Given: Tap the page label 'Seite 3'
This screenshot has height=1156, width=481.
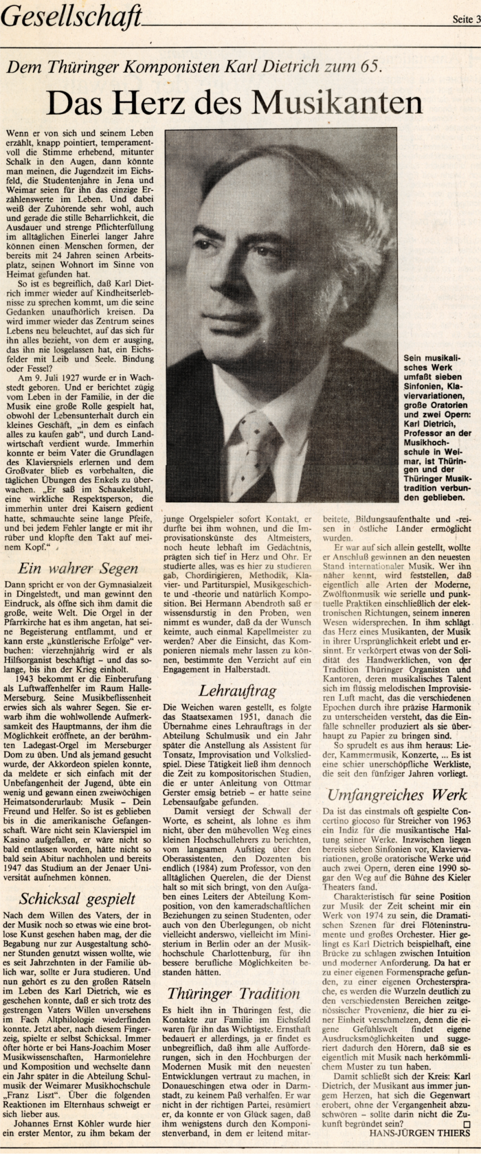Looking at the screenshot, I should (x=465, y=20).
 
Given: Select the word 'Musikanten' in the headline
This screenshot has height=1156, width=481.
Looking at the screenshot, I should (x=337, y=103).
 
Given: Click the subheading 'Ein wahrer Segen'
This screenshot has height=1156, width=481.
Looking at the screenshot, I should (x=78, y=568).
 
